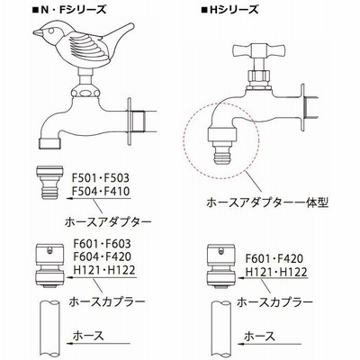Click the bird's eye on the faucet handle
51,31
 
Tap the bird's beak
37,32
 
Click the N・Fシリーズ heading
69,10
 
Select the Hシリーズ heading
229,10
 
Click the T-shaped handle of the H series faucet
258,49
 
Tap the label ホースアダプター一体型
267,202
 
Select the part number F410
117,191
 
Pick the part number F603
118,244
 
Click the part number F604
85,256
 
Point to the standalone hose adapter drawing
49,182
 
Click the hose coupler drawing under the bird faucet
49,266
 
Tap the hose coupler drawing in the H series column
221,266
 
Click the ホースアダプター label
108,222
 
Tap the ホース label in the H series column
260,337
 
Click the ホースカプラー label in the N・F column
107,301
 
